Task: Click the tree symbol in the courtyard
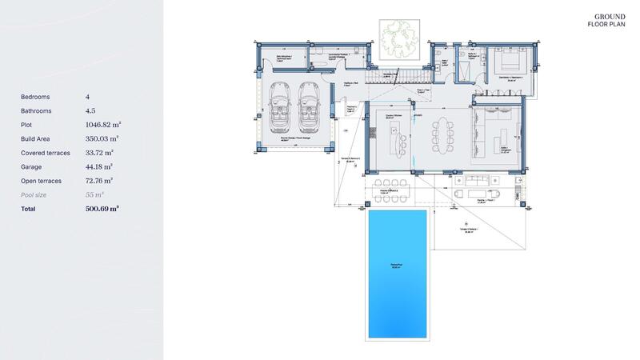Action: [394, 38]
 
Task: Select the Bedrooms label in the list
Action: [35, 97]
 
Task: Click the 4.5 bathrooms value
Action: [90, 111]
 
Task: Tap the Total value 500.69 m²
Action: [102, 209]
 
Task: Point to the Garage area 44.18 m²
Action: [99, 167]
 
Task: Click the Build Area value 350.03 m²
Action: [102, 139]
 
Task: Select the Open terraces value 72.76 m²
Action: [99, 181]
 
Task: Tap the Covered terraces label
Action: [45, 153]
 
